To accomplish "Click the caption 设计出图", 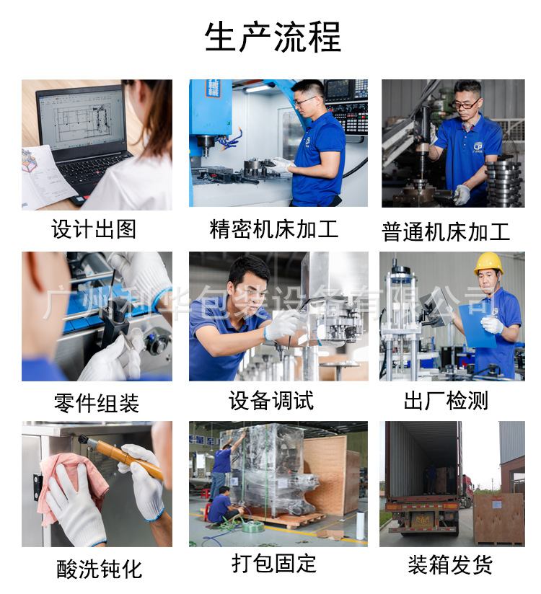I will pyautogui.click(x=94, y=230).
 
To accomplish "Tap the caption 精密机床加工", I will pyautogui.click(x=273, y=230).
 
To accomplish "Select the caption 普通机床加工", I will pyautogui.click(x=446, y=232).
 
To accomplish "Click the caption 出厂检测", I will pyautogui.click(x=446, y=402).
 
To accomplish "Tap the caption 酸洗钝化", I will pyautogui.click(x=100, y=569).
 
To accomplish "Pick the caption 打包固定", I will pyautogui.click(x=274, y=564).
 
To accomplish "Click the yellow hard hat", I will pyautogui.click(x=488, y=263).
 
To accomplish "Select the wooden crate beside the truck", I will pyautogui.click(x=498, y=518).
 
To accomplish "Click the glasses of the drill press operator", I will pyautogui.click(x=466, y=104).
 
